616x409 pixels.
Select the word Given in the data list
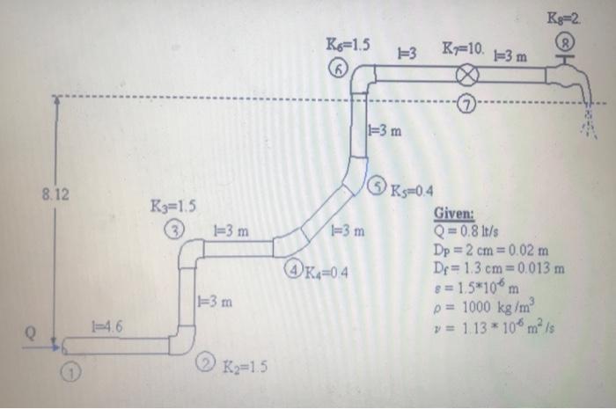(x=453, y=213)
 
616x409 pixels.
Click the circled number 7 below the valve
(x=466, y=106)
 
